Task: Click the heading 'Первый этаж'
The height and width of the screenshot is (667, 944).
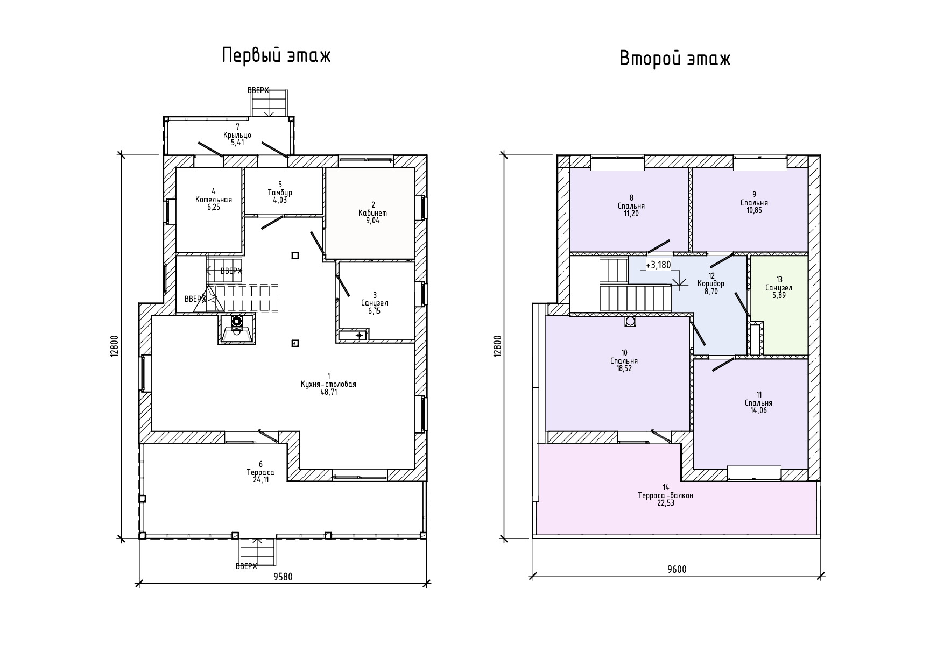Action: point(277,56)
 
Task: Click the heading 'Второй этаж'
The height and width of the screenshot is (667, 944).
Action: point(675,58)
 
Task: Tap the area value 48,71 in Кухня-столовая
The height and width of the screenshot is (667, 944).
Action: point(328,392)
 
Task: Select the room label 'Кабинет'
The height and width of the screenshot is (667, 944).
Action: point(372,213)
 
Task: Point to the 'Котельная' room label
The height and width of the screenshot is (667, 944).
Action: point(214,200)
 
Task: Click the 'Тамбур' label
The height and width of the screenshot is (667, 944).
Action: point(280,193)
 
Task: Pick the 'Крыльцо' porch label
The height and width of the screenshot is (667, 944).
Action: point(237,135)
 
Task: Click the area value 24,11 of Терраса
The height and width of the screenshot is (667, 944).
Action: point(260,480)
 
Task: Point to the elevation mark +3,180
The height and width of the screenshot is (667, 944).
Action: point(658,265)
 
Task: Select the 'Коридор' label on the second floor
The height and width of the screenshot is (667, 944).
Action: point(711,283)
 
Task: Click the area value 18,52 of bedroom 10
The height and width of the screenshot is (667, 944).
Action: point(624,368)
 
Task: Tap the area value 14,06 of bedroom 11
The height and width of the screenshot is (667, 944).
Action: point(758,410)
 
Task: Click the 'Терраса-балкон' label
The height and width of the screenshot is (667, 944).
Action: point(666,495)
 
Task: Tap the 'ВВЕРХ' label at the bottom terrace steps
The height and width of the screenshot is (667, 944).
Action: point(246,566)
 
